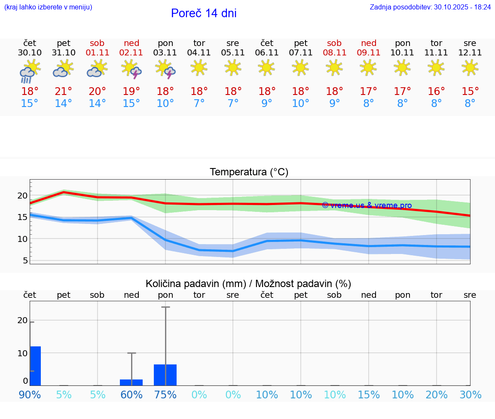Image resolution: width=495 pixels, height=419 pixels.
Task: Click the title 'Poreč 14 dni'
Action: click(x=204, y=13)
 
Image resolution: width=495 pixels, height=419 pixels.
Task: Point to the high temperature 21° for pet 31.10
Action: click(x=64, y=92)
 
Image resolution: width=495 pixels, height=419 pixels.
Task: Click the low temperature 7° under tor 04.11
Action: click(x=199, y=104)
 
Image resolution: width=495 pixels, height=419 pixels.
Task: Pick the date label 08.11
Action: click(x=334, y=53)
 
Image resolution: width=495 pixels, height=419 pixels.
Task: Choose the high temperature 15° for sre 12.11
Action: click(x=470, y=92)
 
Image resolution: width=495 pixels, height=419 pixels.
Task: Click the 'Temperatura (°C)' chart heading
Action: click(x=249, y=172)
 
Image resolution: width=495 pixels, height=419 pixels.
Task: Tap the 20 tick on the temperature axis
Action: click(x=22, y=196)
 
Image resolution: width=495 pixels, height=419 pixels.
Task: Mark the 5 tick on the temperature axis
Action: click(x=25, y=260)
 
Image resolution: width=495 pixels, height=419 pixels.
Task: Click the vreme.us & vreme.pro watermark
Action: click(x=367, y=205)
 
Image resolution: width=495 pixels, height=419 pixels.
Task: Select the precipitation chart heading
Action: click(x=248, y=284)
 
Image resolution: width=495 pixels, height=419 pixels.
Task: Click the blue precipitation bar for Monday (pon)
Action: click(x=165, y=375)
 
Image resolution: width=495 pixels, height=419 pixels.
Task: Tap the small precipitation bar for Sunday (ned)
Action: click(x=131, y=382)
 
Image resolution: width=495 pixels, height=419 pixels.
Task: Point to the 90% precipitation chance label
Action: click(x=30, y=395)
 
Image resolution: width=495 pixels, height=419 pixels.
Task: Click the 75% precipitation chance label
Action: click(x=165, y=395)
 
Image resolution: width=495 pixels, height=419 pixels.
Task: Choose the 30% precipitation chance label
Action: click(x=470, y=395)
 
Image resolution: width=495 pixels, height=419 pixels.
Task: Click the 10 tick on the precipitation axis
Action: click(x=22, y=353)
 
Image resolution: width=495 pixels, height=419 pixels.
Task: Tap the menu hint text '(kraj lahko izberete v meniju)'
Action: click(x=48, y=7)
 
